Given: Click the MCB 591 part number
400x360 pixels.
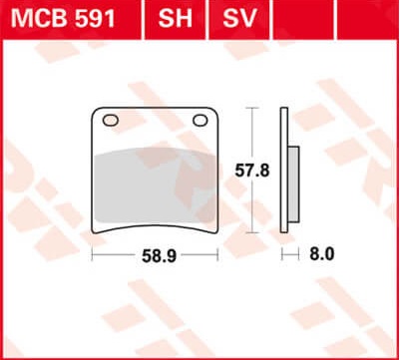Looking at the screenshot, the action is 63,18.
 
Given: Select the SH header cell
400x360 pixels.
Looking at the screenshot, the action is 176,19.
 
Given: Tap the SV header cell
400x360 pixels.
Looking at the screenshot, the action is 239,19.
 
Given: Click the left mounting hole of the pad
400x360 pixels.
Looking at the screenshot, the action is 111,121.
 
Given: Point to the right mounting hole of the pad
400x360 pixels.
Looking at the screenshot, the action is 200,121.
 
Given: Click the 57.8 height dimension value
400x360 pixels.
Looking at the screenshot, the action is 252,172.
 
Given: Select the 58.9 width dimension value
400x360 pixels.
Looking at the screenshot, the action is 159,256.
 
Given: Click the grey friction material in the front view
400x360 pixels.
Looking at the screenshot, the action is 156,186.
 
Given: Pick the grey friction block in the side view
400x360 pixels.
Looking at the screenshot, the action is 293,184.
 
